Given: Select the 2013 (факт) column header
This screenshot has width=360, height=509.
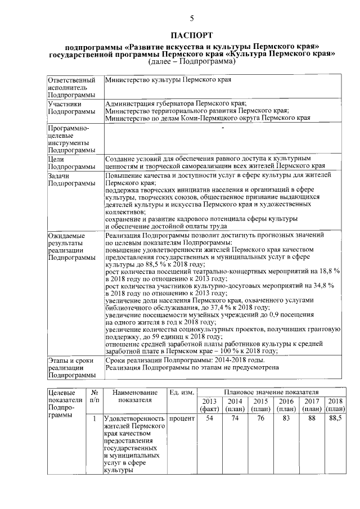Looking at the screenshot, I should click(209, 404).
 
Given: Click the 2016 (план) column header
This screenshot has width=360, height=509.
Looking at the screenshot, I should click(286, 404).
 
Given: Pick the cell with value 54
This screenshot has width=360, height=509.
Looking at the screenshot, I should click(209, 418).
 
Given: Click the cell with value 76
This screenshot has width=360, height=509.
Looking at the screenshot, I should click(260, 418).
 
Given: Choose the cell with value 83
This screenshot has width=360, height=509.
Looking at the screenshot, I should click(286, 418).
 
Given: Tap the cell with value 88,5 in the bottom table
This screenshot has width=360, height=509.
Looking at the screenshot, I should click(336, 418).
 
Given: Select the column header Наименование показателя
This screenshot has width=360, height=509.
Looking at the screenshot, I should click(135, 395).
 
